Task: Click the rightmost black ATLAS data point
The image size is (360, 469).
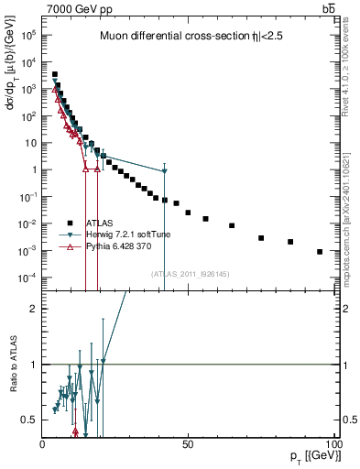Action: (x=320, y=252)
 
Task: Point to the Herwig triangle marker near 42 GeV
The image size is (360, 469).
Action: (x=164, y=171)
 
